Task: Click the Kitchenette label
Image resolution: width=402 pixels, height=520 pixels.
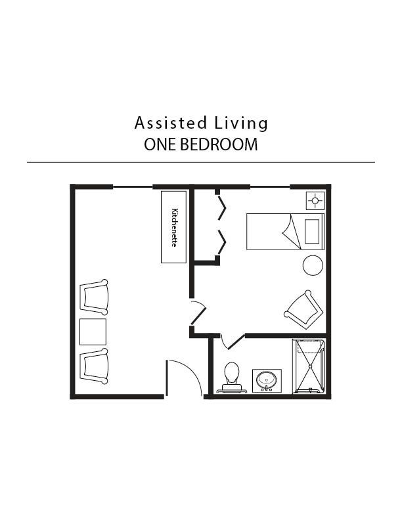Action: coord(174,227)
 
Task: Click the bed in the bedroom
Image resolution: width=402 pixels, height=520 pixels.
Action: coord(285,231)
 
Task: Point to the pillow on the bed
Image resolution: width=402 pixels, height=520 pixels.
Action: coord(313,231)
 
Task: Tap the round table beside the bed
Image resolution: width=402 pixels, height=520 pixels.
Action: coord(313,266)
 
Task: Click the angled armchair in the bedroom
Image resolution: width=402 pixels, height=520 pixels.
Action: coord(303,308)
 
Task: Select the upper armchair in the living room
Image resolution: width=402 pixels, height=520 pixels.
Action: coord(93,295)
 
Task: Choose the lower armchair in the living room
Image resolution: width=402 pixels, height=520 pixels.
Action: coord(93,366)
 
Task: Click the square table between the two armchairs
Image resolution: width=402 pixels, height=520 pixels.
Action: coord(93,332)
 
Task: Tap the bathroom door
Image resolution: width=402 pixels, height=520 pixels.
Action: coord(231,342)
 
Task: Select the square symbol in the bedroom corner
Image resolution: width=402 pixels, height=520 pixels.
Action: coord(315,200)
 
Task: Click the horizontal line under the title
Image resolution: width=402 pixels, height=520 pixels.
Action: coord(200,162)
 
